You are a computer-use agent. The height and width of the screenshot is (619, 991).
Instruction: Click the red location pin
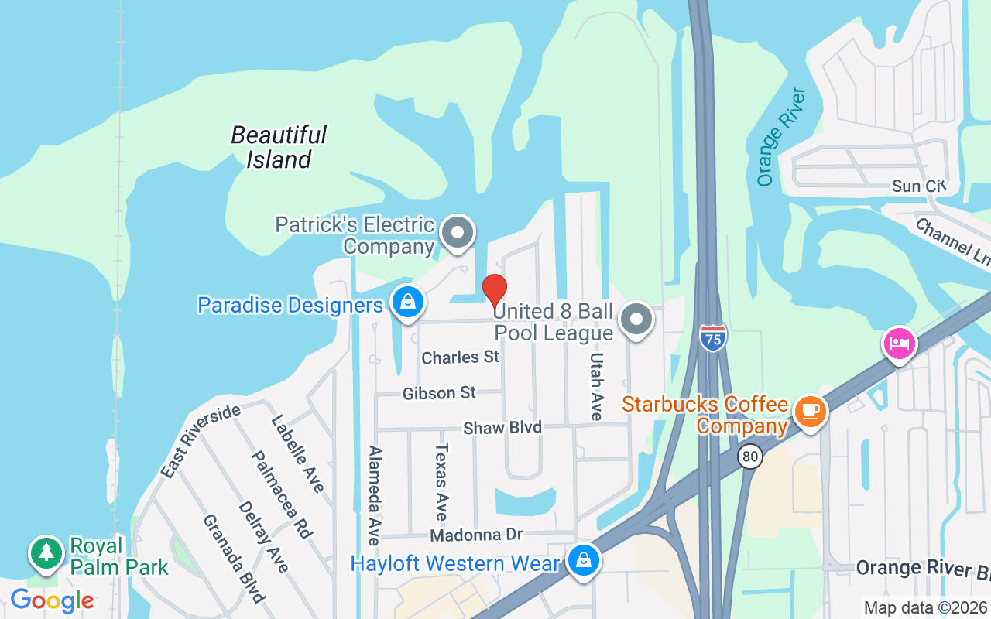click(495, 291)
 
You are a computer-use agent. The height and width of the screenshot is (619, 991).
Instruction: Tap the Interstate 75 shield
click(713, 338)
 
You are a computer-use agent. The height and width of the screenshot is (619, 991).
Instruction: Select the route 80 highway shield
click(750, 456)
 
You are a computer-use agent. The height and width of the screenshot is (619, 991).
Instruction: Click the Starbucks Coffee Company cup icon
click(810, 409)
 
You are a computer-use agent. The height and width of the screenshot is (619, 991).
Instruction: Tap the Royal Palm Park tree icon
click(47, 552)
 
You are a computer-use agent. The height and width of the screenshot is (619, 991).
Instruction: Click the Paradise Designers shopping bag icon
click(407, 302)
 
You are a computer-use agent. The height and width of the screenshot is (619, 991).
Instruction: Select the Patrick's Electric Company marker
click(457, 231)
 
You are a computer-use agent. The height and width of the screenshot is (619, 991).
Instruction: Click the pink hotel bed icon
click(898, 342)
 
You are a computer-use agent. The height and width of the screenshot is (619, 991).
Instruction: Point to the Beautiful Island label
click(279, 147)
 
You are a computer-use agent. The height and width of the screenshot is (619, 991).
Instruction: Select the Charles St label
click(461, 357)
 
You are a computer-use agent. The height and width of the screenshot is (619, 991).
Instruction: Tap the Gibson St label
click(439, 393)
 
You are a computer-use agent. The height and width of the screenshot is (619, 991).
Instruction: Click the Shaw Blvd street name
click(502, 428)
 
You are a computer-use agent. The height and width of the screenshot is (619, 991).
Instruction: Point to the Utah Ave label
click(596, 387)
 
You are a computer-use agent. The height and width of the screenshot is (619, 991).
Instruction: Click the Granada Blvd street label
click(234, 557)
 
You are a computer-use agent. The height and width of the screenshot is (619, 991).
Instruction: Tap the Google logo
click(52, 600)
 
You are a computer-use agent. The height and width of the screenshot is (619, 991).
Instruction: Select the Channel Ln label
click(952, 242)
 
